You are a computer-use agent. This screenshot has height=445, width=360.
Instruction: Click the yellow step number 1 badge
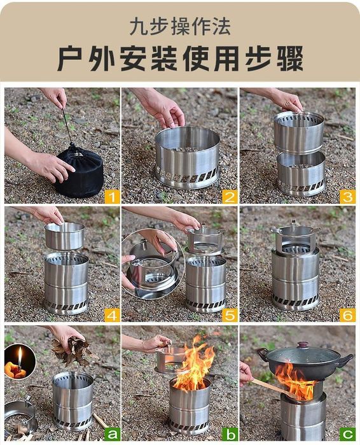[112, 197]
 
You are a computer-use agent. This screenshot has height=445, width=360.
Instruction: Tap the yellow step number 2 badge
[229, 197]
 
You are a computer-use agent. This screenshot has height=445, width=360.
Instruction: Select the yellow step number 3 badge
[347, 197]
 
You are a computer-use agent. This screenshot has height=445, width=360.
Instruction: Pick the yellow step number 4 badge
[112, 314]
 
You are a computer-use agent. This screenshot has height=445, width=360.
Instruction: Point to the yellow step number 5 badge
[229, 314]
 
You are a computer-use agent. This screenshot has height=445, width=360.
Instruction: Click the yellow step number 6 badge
[347, 314]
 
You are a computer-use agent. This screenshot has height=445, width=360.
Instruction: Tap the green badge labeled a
[112, 434]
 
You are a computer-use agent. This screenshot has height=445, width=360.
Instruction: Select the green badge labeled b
[229, 434]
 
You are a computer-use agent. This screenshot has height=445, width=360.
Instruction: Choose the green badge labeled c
[347, 434]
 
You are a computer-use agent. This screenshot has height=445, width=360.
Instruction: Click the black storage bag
[80, 173]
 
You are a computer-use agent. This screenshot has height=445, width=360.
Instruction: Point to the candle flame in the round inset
[20, 355]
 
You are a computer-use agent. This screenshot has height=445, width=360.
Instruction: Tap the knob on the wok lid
[303, 345]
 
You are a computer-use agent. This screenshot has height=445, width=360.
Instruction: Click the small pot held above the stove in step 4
[65, 236]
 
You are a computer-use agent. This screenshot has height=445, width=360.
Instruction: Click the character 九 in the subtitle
[139, 27]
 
